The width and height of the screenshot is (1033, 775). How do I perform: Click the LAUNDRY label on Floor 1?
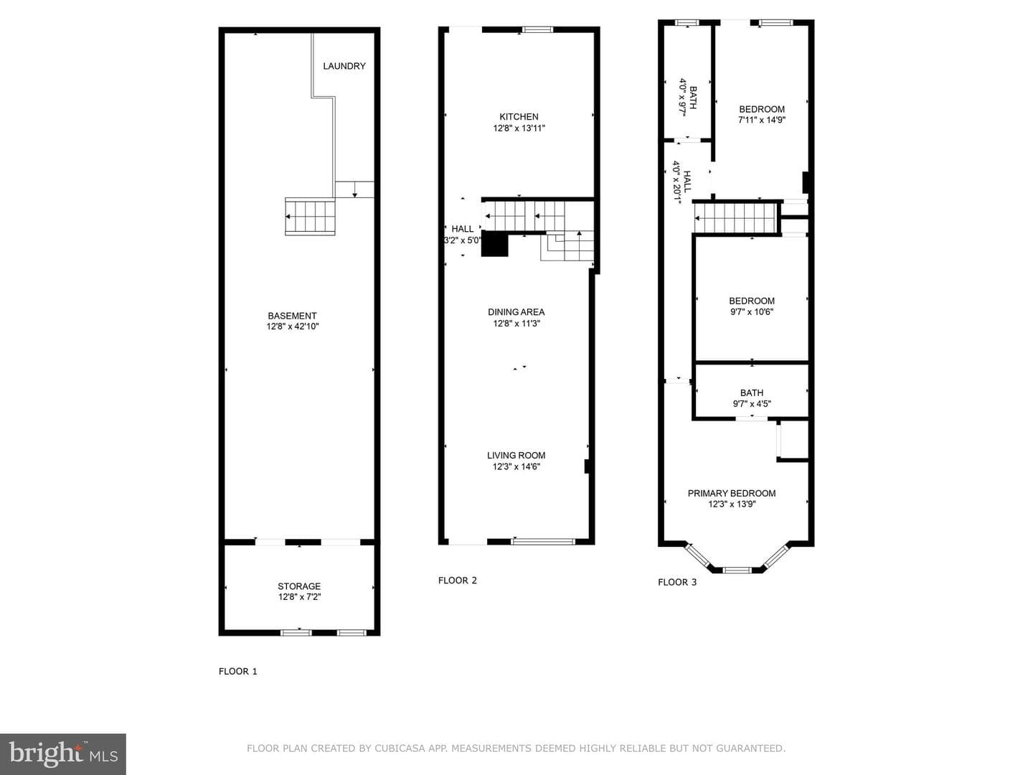pyautogui.click(x=344, y=66)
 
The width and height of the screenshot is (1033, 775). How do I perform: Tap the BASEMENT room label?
pyautogui.click(x=292, y=316)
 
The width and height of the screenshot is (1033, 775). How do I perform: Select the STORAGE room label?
pyautogui.click(x=299, y=586)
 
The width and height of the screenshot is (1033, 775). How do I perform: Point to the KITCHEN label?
pyautogui.click(x=519, y=117)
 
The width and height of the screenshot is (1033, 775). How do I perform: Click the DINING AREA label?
pyautogui.click(x=516, y=312)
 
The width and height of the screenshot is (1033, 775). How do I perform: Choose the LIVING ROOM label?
pyautogui.click(x=516, y=456)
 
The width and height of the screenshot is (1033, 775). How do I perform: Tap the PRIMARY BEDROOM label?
pyautogui.click(x=732, y=493)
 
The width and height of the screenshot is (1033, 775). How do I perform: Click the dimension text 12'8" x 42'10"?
pyautogui.click(x=292, y=327)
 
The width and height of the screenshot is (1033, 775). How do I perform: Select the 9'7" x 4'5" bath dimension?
pyautogui.click(x=752, y=404)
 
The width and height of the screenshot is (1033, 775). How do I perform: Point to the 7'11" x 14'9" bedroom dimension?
pyautogui.click(x=761, y=120)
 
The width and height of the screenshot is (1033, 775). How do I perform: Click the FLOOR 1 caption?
pyautogui.click(x=238, y=672)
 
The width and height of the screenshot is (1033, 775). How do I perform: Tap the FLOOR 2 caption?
pyautogui.click(x=458, y=581)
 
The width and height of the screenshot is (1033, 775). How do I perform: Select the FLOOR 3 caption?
pyautogui.click(x=677, y=583)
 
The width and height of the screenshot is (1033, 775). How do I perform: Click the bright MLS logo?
pyautogui.click(x=63, y=753)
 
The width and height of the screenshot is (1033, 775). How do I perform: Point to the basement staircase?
pyautogui.click(x=310, y=217)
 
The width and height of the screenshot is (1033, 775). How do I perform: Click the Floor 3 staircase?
pyautogui.click(x=735, y=218)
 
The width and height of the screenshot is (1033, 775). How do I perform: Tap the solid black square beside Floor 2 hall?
pyautogui.click(x=494, y=244)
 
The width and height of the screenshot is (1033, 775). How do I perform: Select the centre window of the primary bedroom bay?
pyautogui.click(x=737, y=570)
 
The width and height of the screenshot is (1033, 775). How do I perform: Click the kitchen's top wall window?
pyautogui.click(x=537, y=29)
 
